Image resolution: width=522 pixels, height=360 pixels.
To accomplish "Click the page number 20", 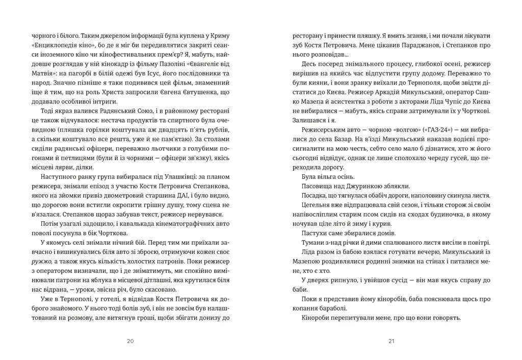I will [130, 341].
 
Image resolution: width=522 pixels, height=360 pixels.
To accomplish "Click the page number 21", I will [391, 341].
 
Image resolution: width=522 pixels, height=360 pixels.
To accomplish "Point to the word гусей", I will [447, 160].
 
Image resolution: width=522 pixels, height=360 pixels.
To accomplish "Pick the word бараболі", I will [333, 308].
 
